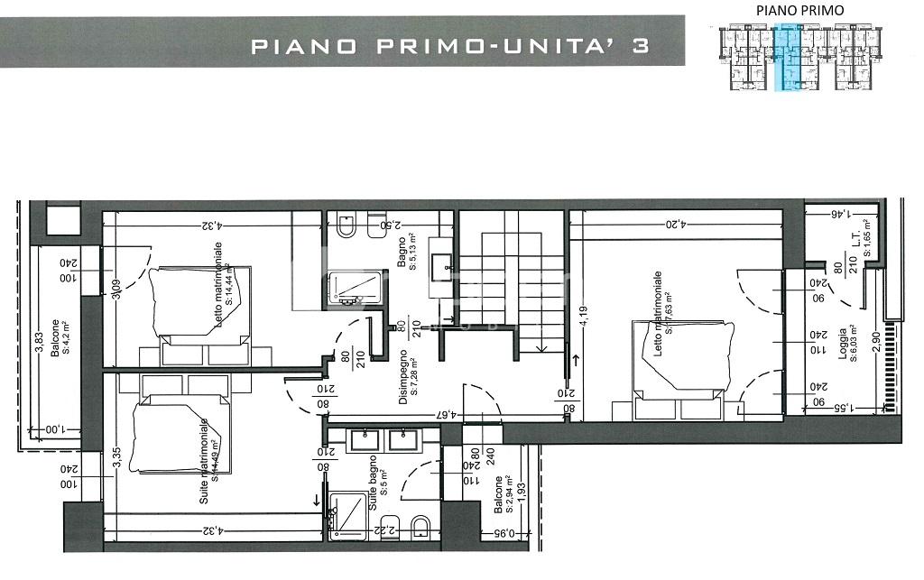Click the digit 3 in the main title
tap(640, 47)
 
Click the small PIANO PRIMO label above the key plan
tap(787, 10)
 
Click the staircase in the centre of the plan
tap(512, 280)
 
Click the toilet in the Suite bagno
tap(420, 527)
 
